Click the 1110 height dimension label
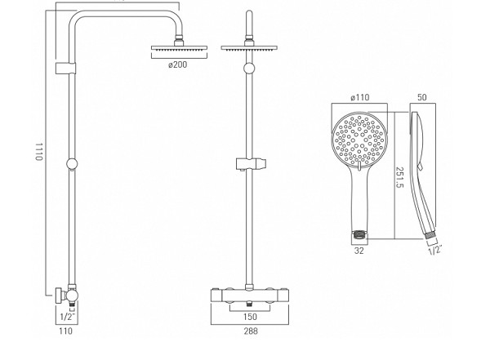pos(38,152)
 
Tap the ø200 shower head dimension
pos(177,64)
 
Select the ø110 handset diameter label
pos(359,97)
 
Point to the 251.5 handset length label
pos(399,177)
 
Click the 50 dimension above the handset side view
pos(422,97)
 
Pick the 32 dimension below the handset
pos(359,251)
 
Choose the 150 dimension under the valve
pos(250,317)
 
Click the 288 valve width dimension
pos(251,331)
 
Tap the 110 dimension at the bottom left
pos(65,331)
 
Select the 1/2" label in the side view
pos(68,317)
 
